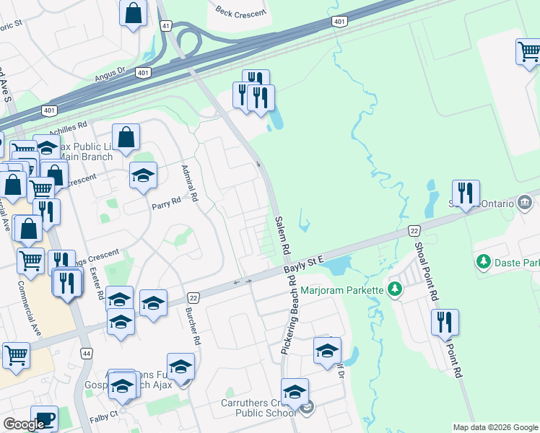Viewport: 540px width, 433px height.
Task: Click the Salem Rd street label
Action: pos(282,235)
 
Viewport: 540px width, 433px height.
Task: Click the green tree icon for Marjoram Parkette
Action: pos(394,290)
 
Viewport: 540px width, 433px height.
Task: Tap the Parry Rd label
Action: pos(165,204)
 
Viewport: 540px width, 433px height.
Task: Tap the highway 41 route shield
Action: pos(167,25)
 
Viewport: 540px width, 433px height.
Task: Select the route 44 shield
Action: pos(87,354)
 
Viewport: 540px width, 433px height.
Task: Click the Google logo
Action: pos(23,424)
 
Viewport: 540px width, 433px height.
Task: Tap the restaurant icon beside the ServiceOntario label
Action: pos(466,193)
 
